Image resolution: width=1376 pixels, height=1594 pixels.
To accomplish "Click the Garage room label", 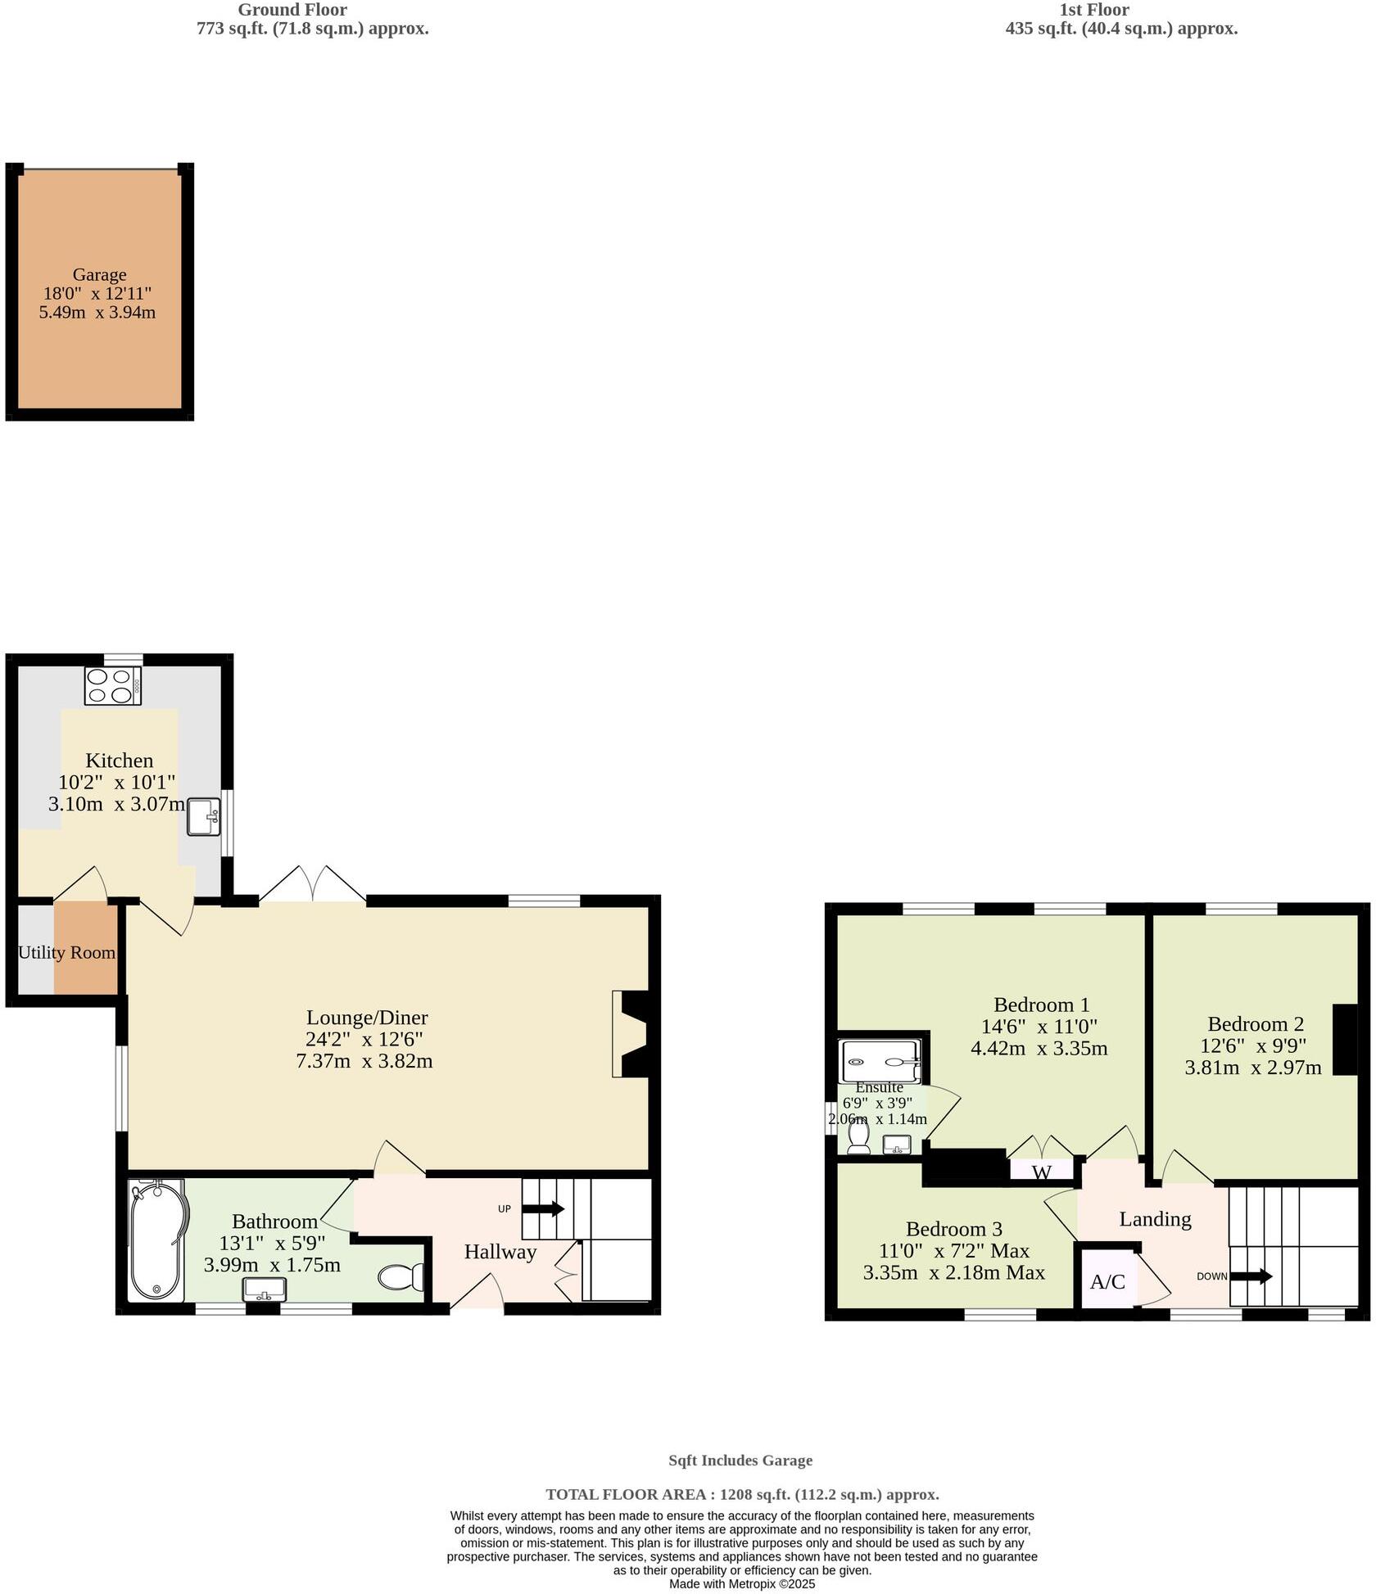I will tap(99, 275).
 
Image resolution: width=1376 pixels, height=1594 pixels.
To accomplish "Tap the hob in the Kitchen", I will tap(113, 686).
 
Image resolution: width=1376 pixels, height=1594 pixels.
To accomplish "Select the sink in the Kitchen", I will tap(203, 816).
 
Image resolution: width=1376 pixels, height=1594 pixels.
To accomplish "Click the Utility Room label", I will tap(66, 953).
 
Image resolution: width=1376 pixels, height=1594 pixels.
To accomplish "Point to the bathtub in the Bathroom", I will tap(157, 1240).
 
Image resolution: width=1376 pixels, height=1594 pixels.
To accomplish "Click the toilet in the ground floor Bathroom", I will tap(401, 1277).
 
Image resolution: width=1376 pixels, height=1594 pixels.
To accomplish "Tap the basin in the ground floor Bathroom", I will tap(265, 1290).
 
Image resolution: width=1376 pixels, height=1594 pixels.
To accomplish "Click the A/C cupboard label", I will tap(1107, 1282).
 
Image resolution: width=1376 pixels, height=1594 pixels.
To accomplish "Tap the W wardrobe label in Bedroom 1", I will tap(1041, 1172).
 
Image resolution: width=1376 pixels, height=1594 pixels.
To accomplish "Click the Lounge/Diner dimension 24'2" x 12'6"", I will tap(364, 1039).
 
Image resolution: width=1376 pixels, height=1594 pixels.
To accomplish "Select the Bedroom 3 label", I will tap(953, 1229).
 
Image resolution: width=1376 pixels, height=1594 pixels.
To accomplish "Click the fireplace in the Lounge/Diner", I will tap(632, 1034).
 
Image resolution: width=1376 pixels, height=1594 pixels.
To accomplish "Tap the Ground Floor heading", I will tap(292, 10).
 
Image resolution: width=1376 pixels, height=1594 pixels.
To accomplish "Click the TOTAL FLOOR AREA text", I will tap(741, 1494).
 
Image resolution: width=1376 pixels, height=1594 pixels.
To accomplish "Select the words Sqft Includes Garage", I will tap(740, 1460).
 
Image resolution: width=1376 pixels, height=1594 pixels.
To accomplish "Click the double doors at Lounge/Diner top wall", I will tap(313, 886).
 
